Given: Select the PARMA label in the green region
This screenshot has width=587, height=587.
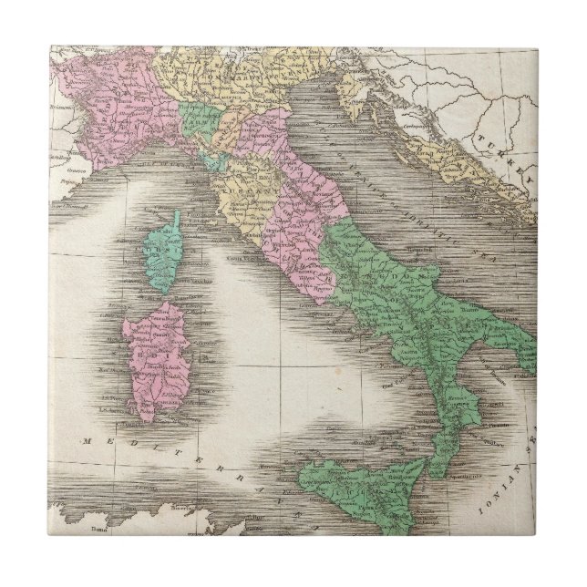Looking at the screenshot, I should pyautogui.click(x=195, y=114).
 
